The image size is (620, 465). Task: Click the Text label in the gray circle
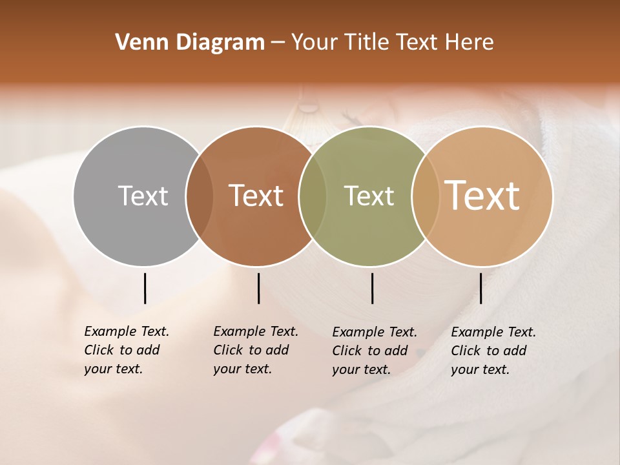143,196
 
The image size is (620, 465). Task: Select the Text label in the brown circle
256,196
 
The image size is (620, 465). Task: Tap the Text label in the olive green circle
369,196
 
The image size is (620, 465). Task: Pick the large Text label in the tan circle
482,195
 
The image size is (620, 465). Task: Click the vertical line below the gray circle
145,288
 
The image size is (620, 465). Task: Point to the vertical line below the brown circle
258,288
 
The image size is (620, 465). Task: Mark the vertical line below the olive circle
372,288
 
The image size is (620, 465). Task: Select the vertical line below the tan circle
480,288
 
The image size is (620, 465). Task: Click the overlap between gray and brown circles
200,196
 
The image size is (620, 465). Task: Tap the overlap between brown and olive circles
313,196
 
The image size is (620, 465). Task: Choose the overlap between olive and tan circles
424,196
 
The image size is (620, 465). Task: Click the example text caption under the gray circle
126,350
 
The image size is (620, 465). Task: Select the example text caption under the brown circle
255,350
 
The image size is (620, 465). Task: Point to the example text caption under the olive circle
374,351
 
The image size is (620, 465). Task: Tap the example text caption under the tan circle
493,351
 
